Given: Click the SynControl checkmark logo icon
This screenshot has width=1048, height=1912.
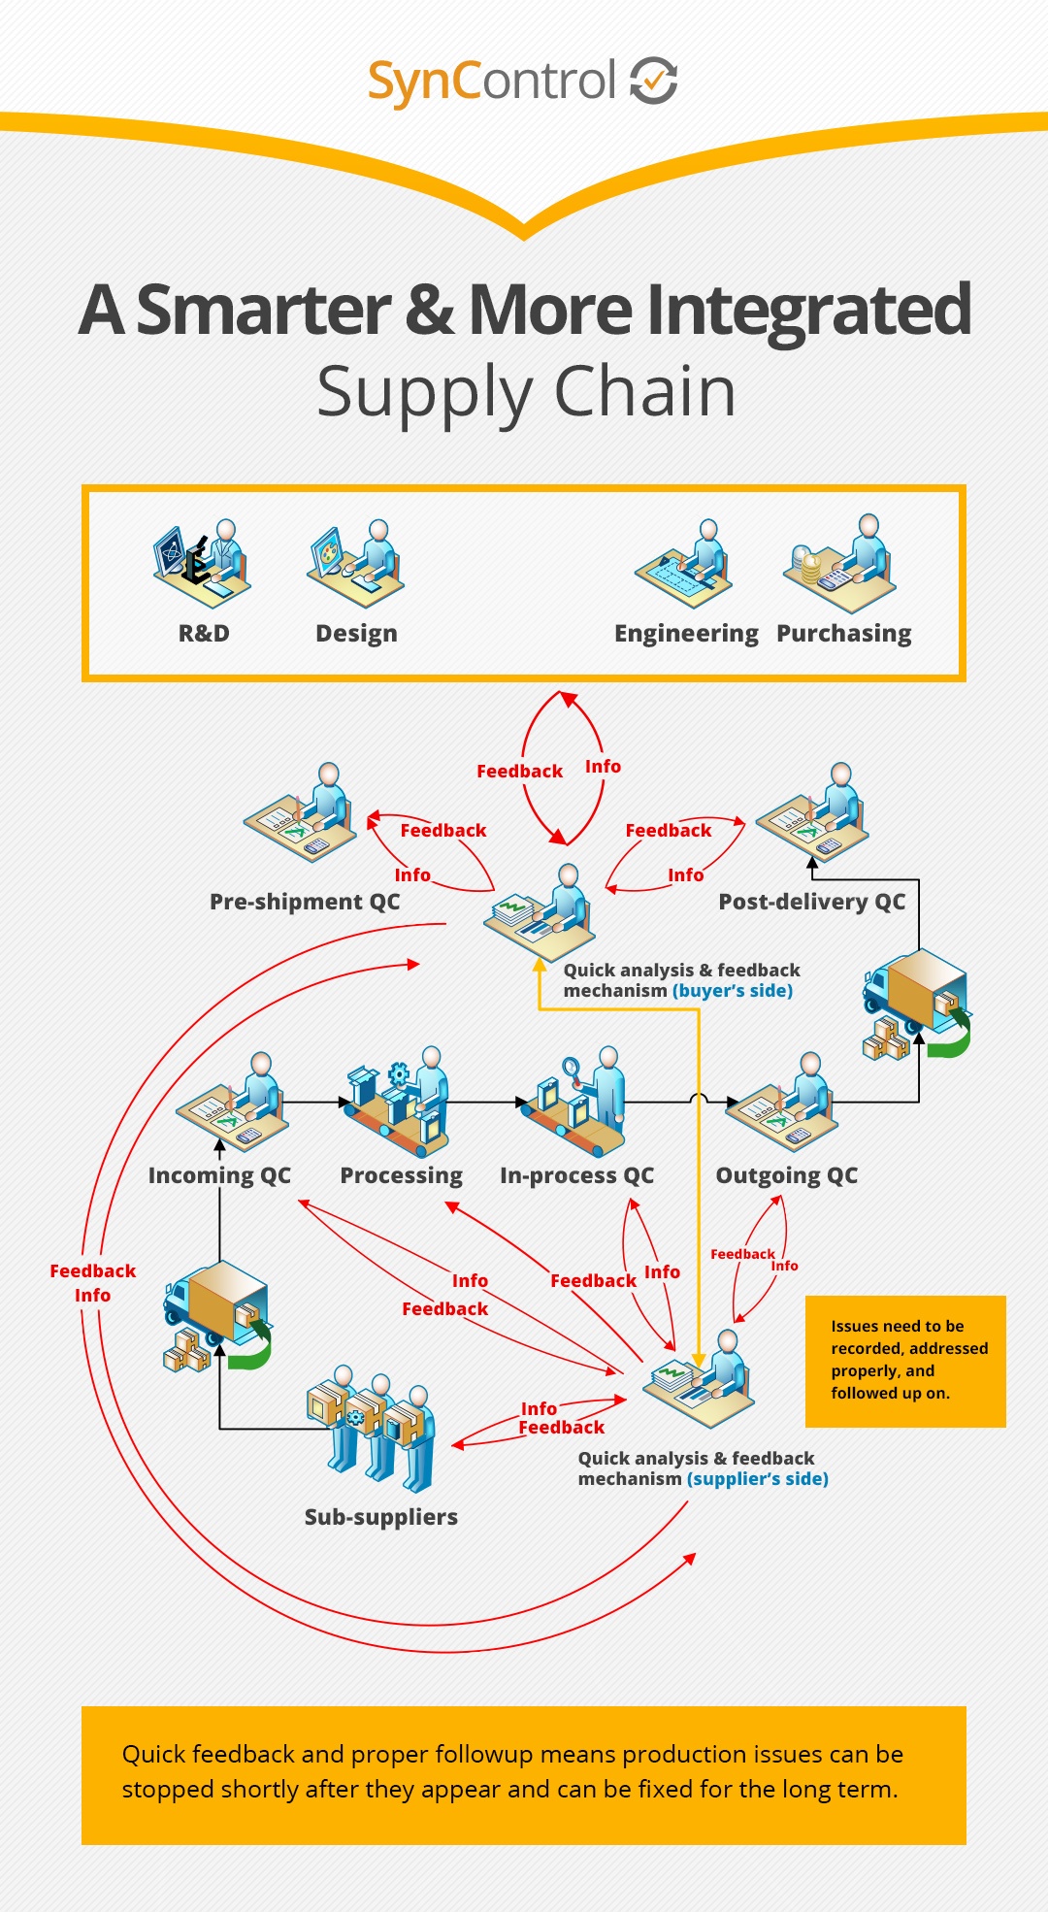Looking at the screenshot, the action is pyautogui.click(x=654, y=80).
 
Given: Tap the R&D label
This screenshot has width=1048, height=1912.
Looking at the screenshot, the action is pyautogui.click(x=204, y=634).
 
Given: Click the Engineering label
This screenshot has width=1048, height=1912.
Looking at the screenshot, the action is pyautogui.click(x=686, y=634).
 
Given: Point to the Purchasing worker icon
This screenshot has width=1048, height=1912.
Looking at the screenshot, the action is pyautogui.click(x=840, y=564).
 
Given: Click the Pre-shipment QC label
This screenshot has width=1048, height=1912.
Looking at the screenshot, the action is pyautogui.click(x=305, y=902).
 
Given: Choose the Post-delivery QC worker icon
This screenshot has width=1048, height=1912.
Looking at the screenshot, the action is pyautogui.click(x=812, y=811).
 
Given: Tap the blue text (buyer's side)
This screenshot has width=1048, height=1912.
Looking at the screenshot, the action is pyautogui.click(x=733, y=991).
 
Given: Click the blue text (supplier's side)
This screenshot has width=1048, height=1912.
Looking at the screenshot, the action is pyautogui.click(x=758, y=1479).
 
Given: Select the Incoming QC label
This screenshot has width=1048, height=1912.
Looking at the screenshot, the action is pyautogui.click(x=219, y=1175).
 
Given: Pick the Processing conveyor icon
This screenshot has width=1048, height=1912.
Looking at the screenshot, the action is pyautogui.click(x=397, y=1101).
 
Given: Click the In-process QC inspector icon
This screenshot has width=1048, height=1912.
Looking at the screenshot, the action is pyautogui.click(x=573, y=1101).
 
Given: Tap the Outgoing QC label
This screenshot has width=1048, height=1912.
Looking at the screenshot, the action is pyautogui.click(x=787, y=1175).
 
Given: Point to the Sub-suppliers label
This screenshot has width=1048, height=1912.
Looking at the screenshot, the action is pyautogui.click(x=381, y=1517).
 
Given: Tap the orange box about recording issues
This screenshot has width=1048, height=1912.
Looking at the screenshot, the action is pyautogui.click(x=905, y=1362).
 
